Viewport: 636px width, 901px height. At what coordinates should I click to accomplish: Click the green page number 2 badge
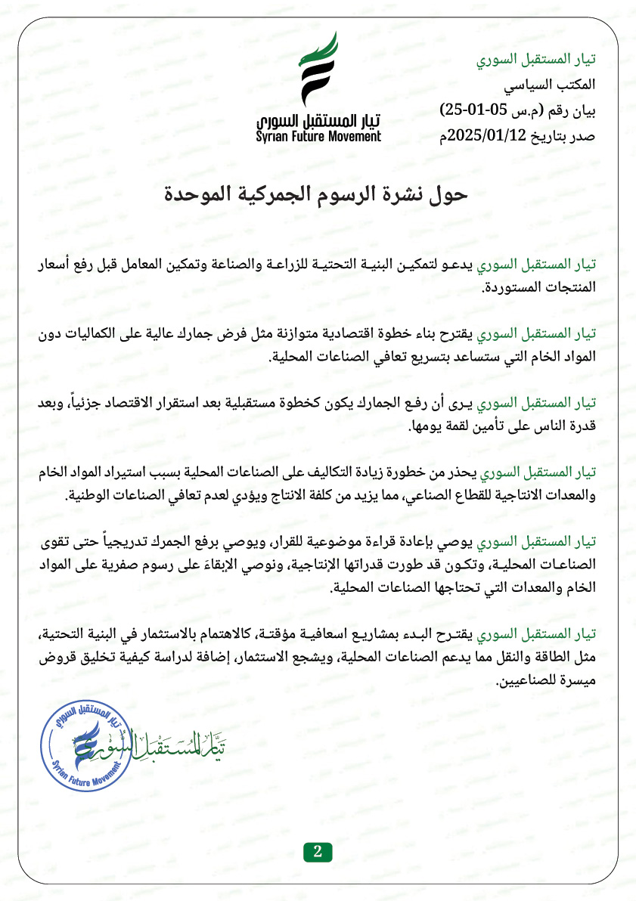[318, 851]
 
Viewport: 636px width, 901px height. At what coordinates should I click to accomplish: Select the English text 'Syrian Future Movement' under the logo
[318, 137]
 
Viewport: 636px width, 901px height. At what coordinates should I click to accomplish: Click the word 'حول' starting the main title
[451, 195]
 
